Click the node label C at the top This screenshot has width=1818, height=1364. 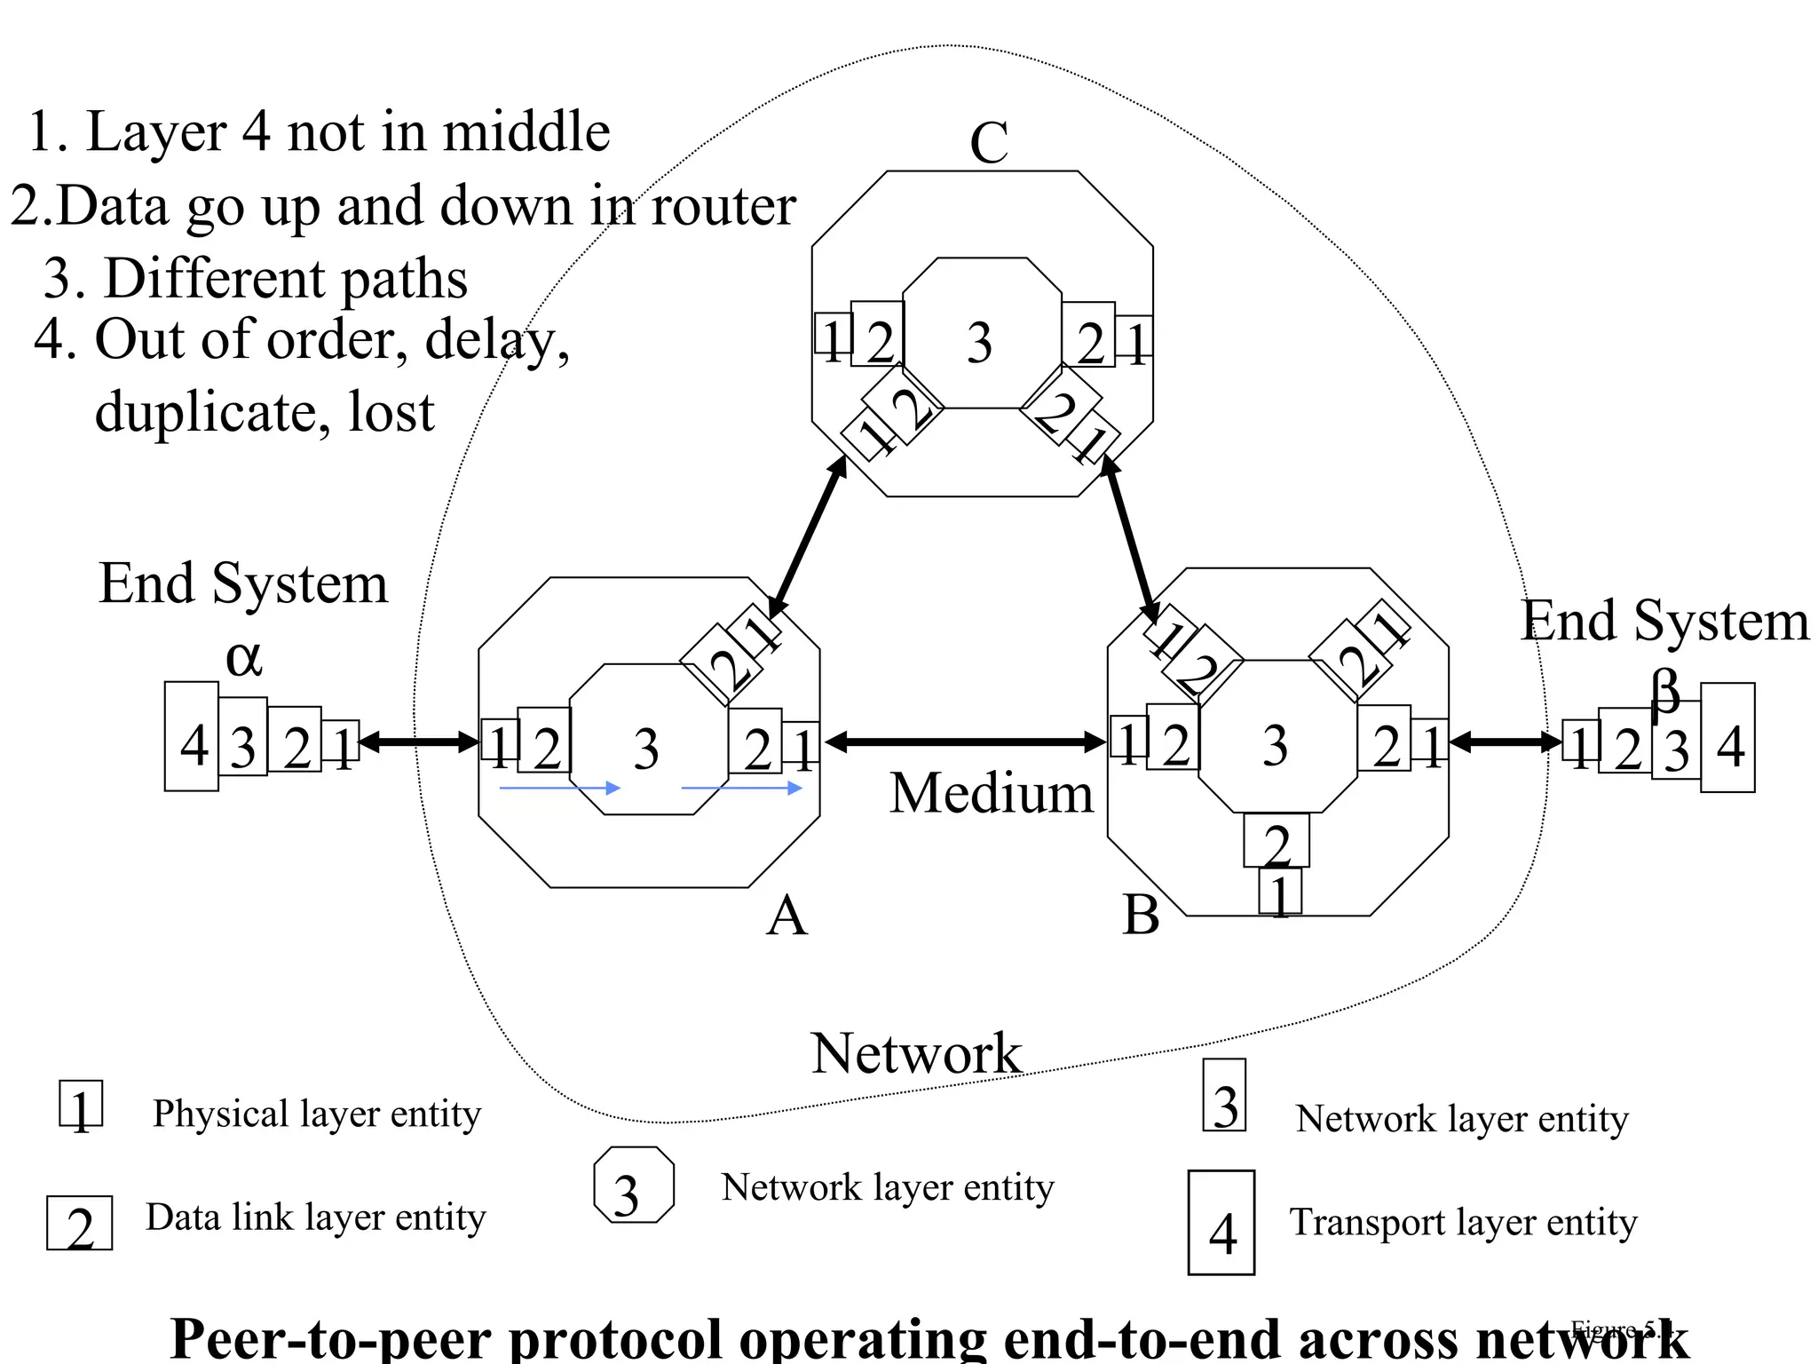pyautogui.click(x=989, y=142)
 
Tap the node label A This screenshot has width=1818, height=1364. pyautogui.click(x=786, y=916)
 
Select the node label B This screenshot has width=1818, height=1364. pyautogui.click(x=1141, y=915)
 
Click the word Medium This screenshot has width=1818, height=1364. pyautogui.click(x=992, y=793)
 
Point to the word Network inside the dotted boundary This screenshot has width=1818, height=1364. pyautogui.click(x=916, y=1053)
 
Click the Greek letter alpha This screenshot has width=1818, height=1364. pyautogui.click(x=243, y=659)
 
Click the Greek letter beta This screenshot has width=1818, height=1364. pyautogui.click(x=1665, y=690)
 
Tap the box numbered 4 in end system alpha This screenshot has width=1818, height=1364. pyautogui.click(x=192, y=737)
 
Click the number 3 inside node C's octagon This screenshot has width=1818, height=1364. pyautogui.click(x=979, y=343)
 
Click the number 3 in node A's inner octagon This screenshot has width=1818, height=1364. pyautogui.click(x=646, y=749)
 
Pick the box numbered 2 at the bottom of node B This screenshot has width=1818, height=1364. pyautogui.click(x=1276, y=841)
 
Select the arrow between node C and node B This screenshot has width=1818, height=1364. pyautogui.click(x=1129, y=537)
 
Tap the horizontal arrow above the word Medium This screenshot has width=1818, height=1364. pyautogui.click(x=965, y=741)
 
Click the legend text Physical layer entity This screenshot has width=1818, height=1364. pyautogui.click(x=317, y=1114)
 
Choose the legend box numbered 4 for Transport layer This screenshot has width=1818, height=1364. pyautogui.click(x=1221, y=1224)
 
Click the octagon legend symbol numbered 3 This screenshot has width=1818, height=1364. pyautogui.click(x=633, y=1186)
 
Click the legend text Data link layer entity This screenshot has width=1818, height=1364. pyautogui.click(x=315, y=1217)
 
